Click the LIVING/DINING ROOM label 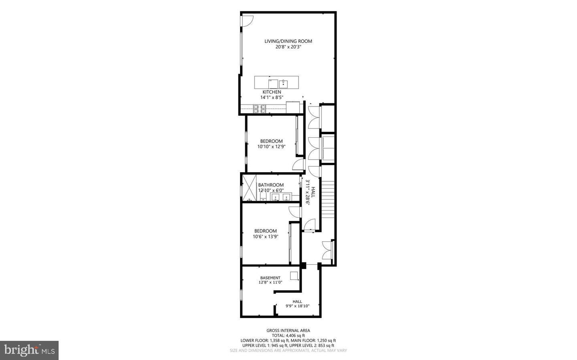[x=288, y=41]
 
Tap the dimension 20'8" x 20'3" [x=288, y=47]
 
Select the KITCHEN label [x=272, y=92]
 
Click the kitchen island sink [x=283, y=84]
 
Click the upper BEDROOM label [x=271, y=141]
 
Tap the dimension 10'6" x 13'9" [x=265, y=237]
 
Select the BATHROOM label [x=271, y=185]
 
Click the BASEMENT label [x=270, y=278]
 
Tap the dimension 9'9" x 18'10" [x=297, y=306]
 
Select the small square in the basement [x=294, y=276]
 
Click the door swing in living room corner [x=247, y=21]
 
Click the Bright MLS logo [x=29, y=350]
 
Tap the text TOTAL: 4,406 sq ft [x=288, y=336]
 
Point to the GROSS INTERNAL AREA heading [x=288, y=330]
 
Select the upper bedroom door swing [x=298, y=164]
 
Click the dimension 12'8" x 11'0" [x=270, y=282]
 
